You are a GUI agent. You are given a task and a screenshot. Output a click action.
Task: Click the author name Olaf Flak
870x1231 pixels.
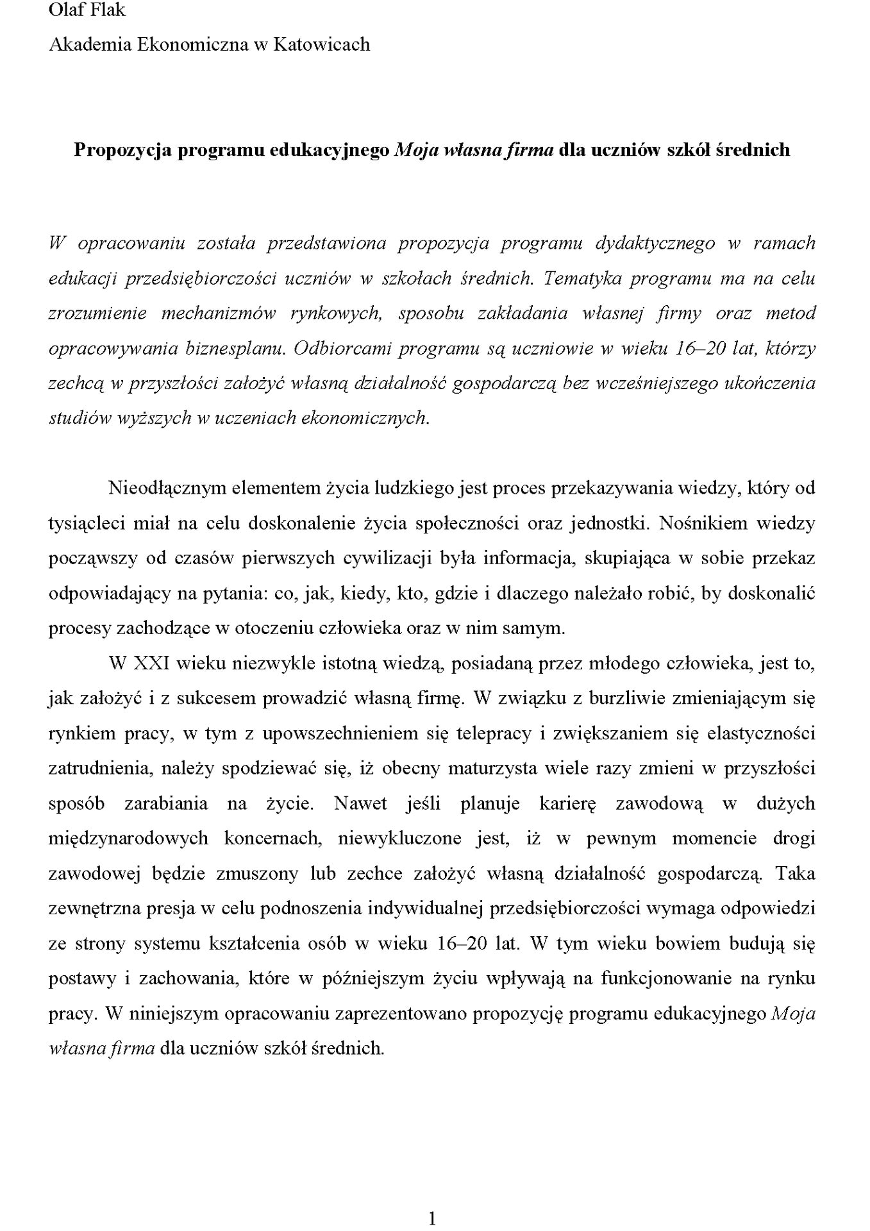tap(87, 10)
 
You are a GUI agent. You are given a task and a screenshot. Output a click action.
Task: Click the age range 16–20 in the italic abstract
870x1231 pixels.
tap(701, 349)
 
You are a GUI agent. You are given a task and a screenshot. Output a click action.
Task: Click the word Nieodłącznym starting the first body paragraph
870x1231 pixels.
tap(163, 489)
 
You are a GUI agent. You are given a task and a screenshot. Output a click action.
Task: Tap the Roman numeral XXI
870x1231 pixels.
tap(151, 664)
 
